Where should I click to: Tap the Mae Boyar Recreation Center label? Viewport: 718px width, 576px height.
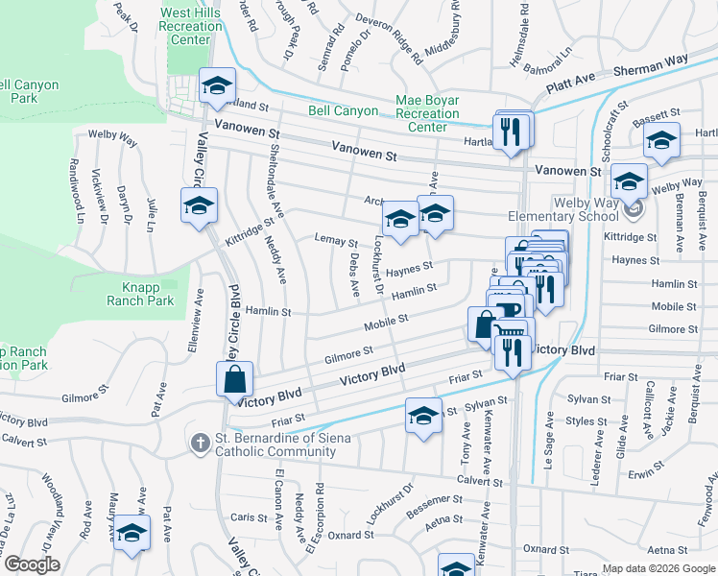[427, 113]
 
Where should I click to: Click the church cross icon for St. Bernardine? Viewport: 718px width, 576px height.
[200, 442]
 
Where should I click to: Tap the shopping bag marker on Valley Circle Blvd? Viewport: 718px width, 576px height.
[235, 381]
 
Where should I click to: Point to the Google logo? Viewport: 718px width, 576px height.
[32, 564]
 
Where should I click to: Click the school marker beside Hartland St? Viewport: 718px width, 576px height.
[218, 85]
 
